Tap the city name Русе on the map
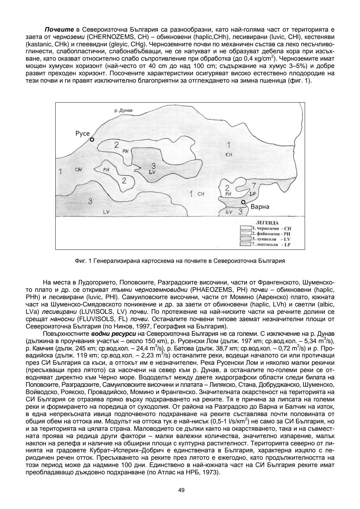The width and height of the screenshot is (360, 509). [x=83, y=134]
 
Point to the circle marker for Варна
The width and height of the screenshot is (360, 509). [x=243, y=202]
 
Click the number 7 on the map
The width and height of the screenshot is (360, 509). [x=254, y=185]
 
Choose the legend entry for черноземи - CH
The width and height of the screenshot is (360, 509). [x=267, y=229]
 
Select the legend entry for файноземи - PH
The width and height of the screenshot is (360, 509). [x=267, y=234]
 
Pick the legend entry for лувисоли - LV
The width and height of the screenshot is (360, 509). [x=267, y=239]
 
